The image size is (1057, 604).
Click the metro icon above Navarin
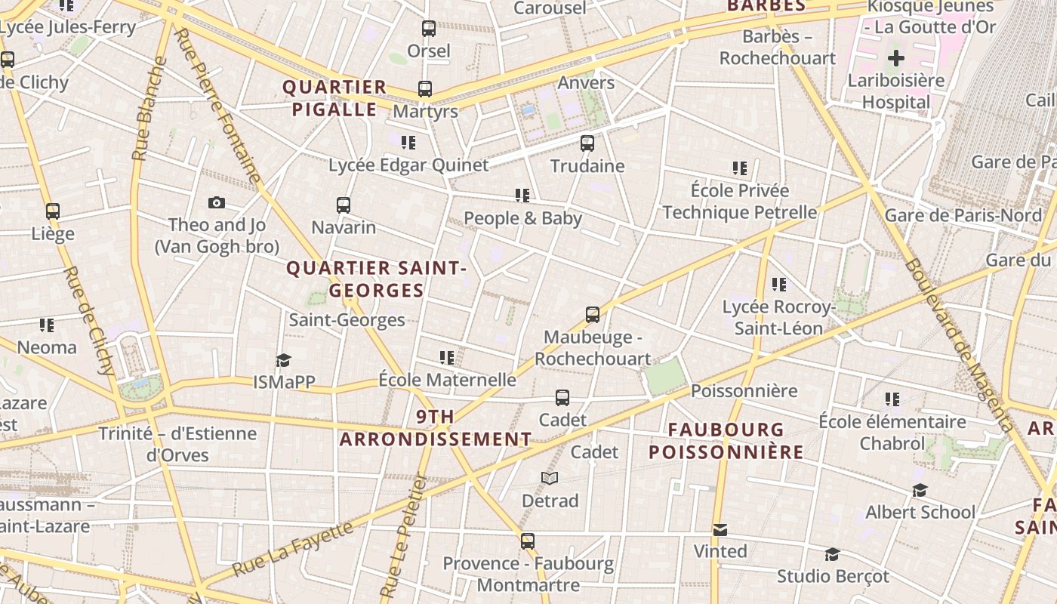point(344,205)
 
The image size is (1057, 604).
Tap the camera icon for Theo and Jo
point(217,202)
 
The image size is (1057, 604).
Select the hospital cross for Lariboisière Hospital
point(896,57)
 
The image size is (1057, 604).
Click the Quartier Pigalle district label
point(334,98)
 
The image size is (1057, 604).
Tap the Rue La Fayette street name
point(292,547)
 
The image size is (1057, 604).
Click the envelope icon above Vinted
point(720,529)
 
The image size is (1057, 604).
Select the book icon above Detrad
point(550,479)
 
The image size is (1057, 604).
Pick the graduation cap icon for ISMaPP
point(283,360)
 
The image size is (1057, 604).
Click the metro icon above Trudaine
point(587,143)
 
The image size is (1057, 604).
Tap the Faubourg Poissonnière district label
point(726,441)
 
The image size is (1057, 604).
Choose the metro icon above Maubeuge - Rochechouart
point(593,315)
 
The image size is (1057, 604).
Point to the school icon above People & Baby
point(522,196)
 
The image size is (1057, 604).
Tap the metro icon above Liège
point(53,211)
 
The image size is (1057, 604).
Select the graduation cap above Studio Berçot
point(832,554)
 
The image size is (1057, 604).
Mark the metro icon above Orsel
point(429,29)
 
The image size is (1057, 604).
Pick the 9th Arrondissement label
point(436,427)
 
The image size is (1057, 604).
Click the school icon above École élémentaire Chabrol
point(892,399)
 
